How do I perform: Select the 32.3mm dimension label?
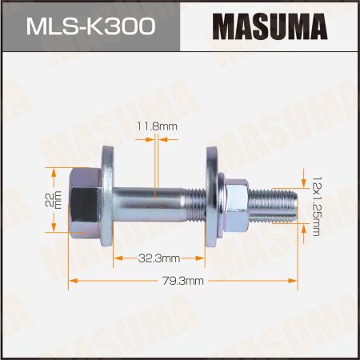pos(157,258)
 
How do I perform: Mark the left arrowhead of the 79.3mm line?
pos(73,280)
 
